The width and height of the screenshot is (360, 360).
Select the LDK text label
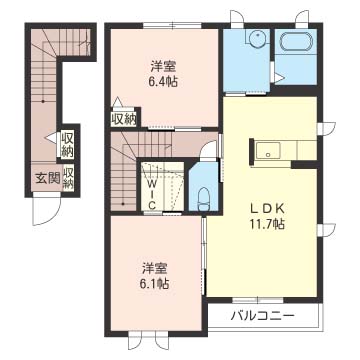266,209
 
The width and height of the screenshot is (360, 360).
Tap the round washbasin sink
253,41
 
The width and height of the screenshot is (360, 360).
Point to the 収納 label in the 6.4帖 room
124,118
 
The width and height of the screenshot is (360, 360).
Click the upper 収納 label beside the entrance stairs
67,143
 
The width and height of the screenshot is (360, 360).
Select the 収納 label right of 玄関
69,178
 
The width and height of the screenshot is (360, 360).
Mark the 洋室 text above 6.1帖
153,268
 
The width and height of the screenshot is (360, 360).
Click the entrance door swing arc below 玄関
44,212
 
